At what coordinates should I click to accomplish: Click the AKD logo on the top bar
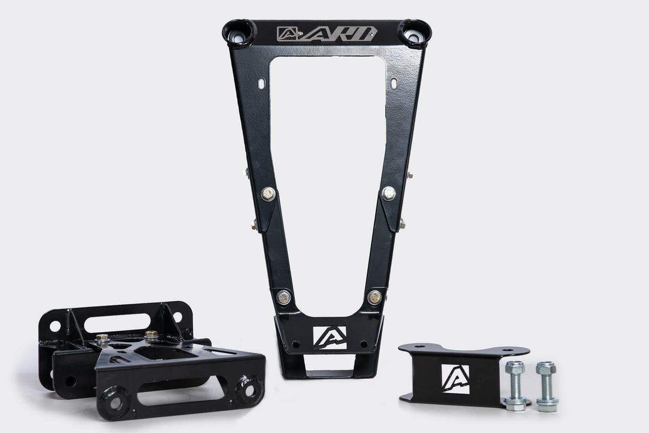[x=326, y=34]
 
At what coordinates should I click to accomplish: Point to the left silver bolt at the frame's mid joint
[x=268, y=193]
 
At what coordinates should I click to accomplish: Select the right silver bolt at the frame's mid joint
[x=388, y=193]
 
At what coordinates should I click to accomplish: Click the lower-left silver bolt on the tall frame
[x=283, y=297]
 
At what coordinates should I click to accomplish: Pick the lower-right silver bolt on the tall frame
[x=374, y=297]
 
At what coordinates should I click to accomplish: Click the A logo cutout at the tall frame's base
[x=329, y=337]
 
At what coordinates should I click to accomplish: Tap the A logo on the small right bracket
[x=455, y=378]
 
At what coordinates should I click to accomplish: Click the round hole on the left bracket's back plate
[x=55, y=326]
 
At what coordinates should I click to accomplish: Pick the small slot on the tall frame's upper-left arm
[x=262, y=83]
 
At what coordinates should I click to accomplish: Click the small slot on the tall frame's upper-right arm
[x=394, y=83]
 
